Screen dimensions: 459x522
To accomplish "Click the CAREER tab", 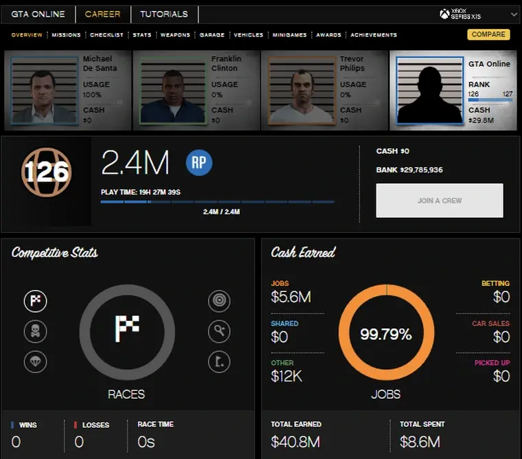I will [102, 14].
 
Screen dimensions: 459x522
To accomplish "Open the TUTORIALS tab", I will [163, 14].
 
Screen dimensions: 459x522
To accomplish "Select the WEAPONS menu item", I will [175, 35].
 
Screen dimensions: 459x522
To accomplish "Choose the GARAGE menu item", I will [212, 35].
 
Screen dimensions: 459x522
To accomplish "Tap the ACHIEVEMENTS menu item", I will [373, 35].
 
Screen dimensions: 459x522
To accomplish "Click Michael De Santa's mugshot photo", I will [43, 90].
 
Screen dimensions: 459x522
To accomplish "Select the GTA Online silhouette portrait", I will [430, 90].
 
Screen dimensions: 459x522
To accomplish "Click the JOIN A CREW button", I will [439, 201].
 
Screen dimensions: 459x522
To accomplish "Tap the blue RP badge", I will [199, 162].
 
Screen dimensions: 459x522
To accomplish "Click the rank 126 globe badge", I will [46, 172].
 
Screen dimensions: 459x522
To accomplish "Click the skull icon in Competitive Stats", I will [36, 331].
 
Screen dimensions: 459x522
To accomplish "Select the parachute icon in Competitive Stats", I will [36, 361].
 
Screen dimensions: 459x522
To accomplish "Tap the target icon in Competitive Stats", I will [218, 301].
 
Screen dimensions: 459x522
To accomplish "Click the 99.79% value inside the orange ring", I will [386, 335].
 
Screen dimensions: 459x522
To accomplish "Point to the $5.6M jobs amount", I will [291, 297].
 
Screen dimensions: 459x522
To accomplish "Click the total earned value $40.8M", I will [296, 441].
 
